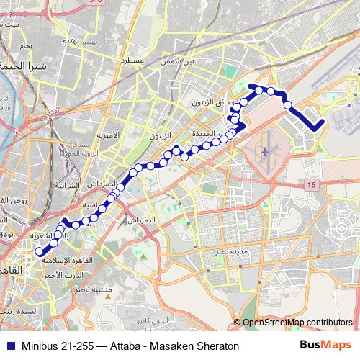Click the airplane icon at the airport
click(266, 152)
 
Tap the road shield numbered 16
click(311, 186)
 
